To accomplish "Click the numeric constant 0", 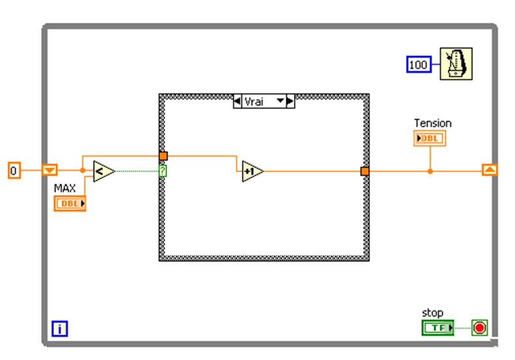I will (x=14, y=171).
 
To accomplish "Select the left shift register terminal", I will (x=50, y=171).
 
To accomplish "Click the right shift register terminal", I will (x=490, y=170).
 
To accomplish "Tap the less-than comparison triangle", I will (x=103, y=172).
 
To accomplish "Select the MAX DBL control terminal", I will (x=70, y=203).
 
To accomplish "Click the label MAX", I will (x=65, y=188).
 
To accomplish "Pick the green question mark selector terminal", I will (x=163, y=171).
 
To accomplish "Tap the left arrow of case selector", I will (x=238, y=101).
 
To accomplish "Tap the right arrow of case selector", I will (x=290, y=101).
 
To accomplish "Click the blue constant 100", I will (x=418, y=65).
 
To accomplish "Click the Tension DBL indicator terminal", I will (x=430, y=138).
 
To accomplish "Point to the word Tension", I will (x=433, y=123).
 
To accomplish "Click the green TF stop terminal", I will (x=437, y=327).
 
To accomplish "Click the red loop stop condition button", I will (x=480, y=327).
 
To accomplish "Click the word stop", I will (x=432, y=313).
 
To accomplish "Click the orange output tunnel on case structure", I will (x=365, y=171).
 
